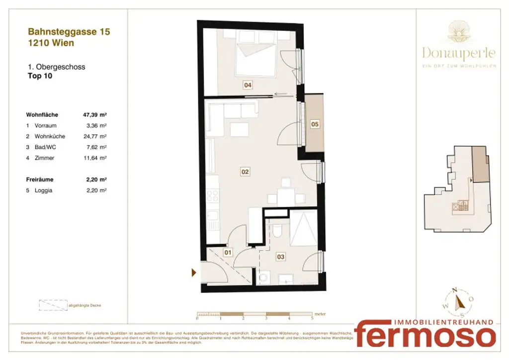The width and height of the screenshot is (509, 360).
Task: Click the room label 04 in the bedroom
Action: pyautogui.click(x=248, y=85)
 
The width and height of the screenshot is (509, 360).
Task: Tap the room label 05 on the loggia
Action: pyautogui.click(x=315, y=124)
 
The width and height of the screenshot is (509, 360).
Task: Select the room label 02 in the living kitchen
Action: pyautogui.click(x=245, y=172)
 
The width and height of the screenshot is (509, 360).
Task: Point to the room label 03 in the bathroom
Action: pyautogui.click(x=281, y=257)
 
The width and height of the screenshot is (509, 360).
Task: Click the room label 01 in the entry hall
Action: pyautogui.click(x=228, y=253)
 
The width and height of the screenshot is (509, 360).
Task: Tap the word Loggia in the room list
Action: pyautogui.click(x=44, y=190)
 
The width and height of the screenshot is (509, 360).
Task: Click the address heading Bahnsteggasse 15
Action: pyautogui.click(x=69, y=32)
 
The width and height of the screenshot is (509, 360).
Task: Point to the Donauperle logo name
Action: pyautogui.click(x=458, y=52)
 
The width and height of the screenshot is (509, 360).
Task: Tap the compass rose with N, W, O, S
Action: pyautogui.click(x=459, y=301)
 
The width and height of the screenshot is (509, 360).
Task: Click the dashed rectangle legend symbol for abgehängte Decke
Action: pyautogui.click(x=53, y=305)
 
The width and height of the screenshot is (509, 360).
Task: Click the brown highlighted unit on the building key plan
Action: pyautogui.click(x=480, y=164)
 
